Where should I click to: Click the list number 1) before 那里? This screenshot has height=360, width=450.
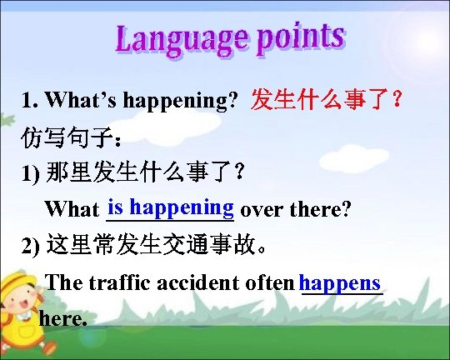click(x=31, y=173)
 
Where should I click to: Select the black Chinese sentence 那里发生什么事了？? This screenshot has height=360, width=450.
click(x=146, y=172)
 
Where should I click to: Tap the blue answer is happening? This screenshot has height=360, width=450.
click(x=171, y=205)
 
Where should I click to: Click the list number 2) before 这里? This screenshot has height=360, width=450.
click(x=31, y=247)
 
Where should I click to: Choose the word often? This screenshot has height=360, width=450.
click(x=270, y=282)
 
